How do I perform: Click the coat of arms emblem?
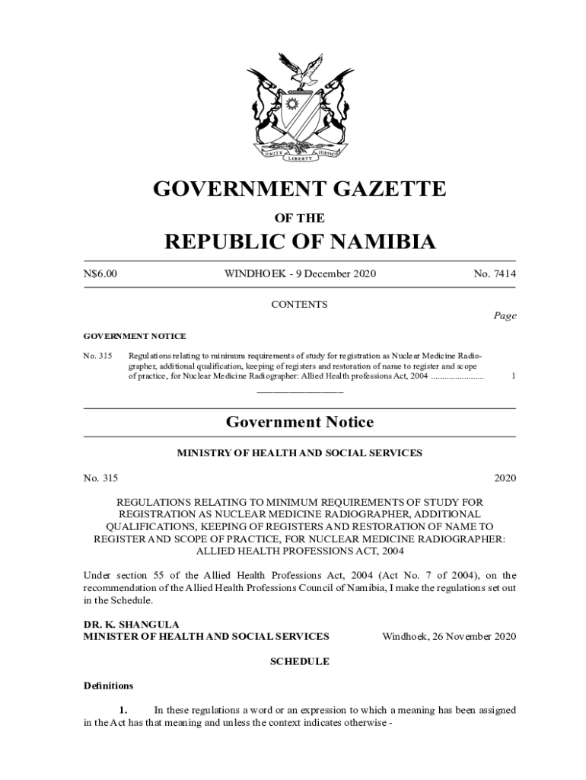(300, 107)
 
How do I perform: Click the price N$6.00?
(100, 273)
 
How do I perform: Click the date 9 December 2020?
(338, 273)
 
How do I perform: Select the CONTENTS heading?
(299, 305)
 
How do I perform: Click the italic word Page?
(504, 316)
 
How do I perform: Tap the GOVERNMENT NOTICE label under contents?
(134, 336)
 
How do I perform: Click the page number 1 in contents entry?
(513, 376)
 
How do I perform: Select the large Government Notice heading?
(299, 422)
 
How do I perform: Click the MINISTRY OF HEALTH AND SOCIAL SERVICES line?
(299, 453)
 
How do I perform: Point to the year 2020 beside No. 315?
(505, 478)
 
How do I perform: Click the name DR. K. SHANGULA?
(120, 625)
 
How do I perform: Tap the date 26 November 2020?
(449, 636)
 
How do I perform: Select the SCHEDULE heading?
(299, 661)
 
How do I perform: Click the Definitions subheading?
(108, 686)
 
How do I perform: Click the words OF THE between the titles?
(299, 218)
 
